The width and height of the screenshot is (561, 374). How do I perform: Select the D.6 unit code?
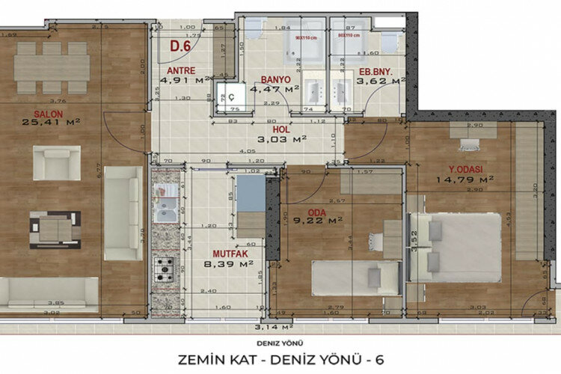click(180, 46)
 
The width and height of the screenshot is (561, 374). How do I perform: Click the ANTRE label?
click(180, 72)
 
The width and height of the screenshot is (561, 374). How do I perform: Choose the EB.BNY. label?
click(371, 72)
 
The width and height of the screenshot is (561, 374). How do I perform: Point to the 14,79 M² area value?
click(466, 180)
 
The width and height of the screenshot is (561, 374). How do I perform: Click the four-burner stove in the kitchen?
click(165, 266)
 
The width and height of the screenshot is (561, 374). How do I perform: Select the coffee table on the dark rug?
click(55, 229)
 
